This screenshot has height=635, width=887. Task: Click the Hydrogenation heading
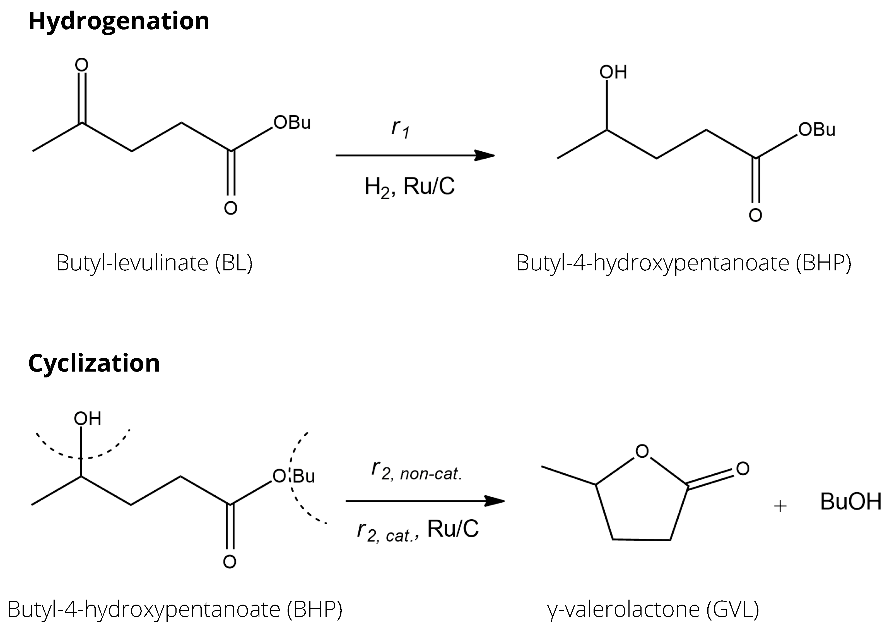coord(119,21)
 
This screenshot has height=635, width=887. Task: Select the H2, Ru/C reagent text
coord(409,186)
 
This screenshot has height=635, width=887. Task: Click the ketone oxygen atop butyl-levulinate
coord(82,65)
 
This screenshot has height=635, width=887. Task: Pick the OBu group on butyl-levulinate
coord(292,123)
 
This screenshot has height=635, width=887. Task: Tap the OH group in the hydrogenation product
coord(613,72)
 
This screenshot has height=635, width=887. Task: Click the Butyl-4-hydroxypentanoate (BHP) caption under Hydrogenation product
coord(683,263)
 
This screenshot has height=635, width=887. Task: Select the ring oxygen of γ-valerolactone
coord(642,451)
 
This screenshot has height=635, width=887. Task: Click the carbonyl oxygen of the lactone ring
coord(742,469)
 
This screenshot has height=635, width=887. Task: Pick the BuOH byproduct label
coord(850,502)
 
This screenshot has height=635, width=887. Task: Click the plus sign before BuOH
coord(780,506)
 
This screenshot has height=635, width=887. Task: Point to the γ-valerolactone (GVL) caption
coord(653,609)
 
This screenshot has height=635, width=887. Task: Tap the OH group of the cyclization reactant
coord(87,419)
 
